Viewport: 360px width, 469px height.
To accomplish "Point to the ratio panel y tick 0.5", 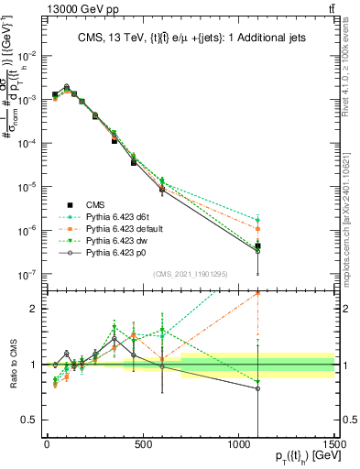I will [x=32, y=420].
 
